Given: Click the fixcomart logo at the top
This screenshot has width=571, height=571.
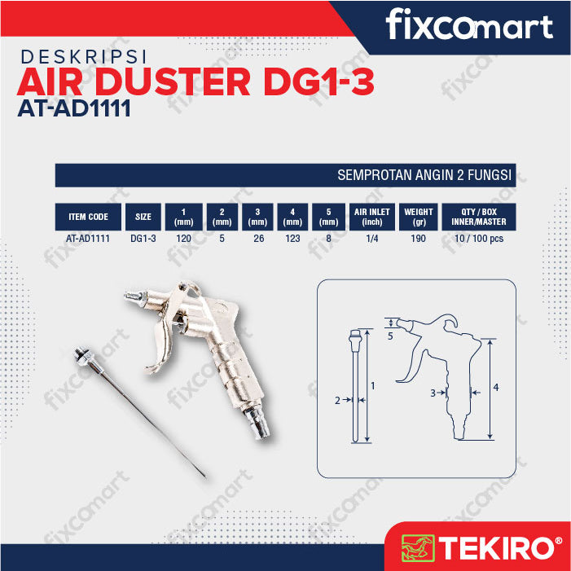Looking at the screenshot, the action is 469,24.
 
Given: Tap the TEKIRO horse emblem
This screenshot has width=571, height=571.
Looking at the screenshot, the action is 418,547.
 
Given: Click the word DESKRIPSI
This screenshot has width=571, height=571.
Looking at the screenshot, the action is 84,57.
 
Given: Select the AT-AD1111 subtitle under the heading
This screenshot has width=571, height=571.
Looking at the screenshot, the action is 74,108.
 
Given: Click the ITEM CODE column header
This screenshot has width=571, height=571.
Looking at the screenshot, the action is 88,217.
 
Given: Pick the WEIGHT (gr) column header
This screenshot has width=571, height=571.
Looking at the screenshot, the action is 419,217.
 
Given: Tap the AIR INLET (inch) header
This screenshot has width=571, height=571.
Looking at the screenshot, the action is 371,217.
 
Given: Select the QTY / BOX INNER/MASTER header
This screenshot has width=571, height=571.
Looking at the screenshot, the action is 478,217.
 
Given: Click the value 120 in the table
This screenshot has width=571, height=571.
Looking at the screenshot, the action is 183,239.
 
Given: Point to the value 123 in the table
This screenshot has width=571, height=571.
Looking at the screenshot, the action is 292,239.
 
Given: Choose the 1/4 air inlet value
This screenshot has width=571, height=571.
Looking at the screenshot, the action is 371,239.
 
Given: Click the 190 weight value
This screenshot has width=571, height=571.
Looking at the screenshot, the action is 418,239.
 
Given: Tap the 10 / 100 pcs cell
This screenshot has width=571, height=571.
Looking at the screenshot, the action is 479,239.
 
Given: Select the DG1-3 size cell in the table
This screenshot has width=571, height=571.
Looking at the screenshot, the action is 143,239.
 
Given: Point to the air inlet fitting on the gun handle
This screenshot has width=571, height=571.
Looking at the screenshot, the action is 257,422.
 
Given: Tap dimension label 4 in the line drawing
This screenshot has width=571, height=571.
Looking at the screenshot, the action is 495,388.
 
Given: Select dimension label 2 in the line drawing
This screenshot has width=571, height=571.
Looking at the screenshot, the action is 337,401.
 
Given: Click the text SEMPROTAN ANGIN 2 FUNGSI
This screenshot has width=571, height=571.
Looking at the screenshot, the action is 424,175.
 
